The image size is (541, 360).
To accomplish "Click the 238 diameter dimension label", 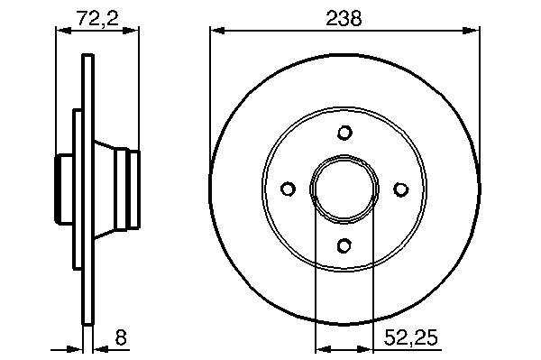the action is click(344, 19).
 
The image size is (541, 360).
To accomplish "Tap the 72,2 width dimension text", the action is click(97, 18).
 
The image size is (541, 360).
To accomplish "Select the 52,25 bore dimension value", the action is click(410, 337).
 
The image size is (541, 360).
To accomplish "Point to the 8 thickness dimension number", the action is click(121, 337).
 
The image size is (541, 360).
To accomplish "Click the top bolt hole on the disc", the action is click(344, 133).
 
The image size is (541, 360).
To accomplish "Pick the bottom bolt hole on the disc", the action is click(344, 245).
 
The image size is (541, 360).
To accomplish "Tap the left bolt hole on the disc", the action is click(288, 189).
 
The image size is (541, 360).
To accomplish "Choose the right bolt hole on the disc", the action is click(401, 189).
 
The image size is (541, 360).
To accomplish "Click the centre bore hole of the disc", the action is click(344, 189).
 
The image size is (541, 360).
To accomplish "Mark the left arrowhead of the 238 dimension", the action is click(217, 31).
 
